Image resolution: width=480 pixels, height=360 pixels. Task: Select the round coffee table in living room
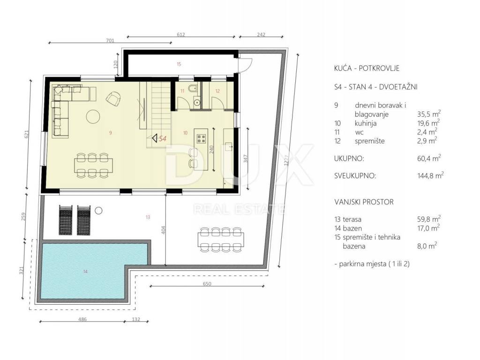[x=93, y=116]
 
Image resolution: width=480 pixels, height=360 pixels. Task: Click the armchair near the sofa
[x=113, y=99]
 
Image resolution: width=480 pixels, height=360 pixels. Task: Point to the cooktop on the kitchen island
[x=202, y=139]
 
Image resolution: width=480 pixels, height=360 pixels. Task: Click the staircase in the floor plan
[x=158, y=113]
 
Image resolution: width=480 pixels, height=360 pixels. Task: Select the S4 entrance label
[x=160, y=139]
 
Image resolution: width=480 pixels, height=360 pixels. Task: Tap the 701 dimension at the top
[x=110, y=40]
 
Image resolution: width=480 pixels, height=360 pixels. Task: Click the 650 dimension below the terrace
[x=207, y=284]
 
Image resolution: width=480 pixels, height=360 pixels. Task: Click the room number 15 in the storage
[x=179, y=64]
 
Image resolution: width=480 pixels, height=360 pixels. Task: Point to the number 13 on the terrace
[x=148, y=217]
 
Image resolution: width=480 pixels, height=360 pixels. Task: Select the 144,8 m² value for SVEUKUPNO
[x=430, y=175]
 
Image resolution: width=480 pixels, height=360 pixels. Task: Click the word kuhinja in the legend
[x=366, y=123]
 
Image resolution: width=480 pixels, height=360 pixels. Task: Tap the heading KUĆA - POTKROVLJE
[x=367, y=68]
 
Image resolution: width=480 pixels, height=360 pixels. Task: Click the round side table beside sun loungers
[x=98, y=210]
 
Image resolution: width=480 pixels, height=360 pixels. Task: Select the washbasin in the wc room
[x=196, y=102]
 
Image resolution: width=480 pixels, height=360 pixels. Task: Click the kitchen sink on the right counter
[x=229, y=146]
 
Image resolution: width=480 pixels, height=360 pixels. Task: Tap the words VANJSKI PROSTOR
[x=364, y=202]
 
